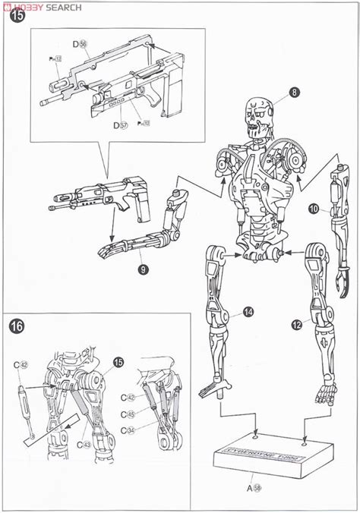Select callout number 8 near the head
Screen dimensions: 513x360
coord(294,94)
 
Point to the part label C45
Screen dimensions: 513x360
coord(131,415)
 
